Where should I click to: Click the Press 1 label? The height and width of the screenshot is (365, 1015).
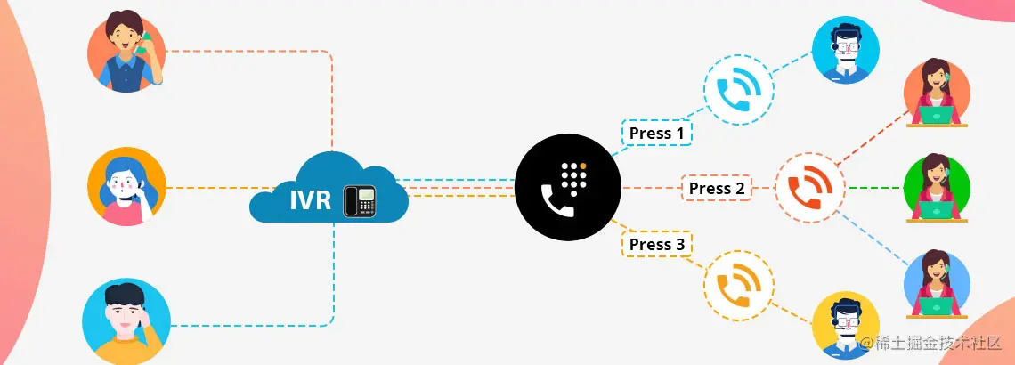pyautogui.click(x=656, y=134)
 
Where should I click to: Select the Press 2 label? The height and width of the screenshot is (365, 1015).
pyautogui.click(x=717, y=188)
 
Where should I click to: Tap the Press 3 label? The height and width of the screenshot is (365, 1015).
pyautogui.click(x=656, y=244)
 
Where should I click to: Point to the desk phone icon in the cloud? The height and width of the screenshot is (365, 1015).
pyautogui.click(x=361, y=201)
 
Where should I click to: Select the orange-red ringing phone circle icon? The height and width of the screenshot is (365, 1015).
pyautogui.click(x=809, y=188)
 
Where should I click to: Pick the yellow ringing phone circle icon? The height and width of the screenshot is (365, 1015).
pyautogui.click(x=738, y=286)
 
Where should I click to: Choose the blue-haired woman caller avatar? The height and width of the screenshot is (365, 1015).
pyautogui.click(x=126, y=186)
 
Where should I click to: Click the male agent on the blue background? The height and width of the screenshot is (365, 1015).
pyautogui.click(x=845, y=51)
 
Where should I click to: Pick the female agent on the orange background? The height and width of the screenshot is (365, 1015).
pyautogui.click(x=937, y=93)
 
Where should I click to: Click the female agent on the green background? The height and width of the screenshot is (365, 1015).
pyautogui.click(x=937, y=188)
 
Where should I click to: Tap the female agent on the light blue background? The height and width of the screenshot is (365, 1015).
pyautogui.click(x=937, y=283)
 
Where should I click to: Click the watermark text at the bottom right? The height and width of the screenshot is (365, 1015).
pyautogui.click(x=931, y=343)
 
